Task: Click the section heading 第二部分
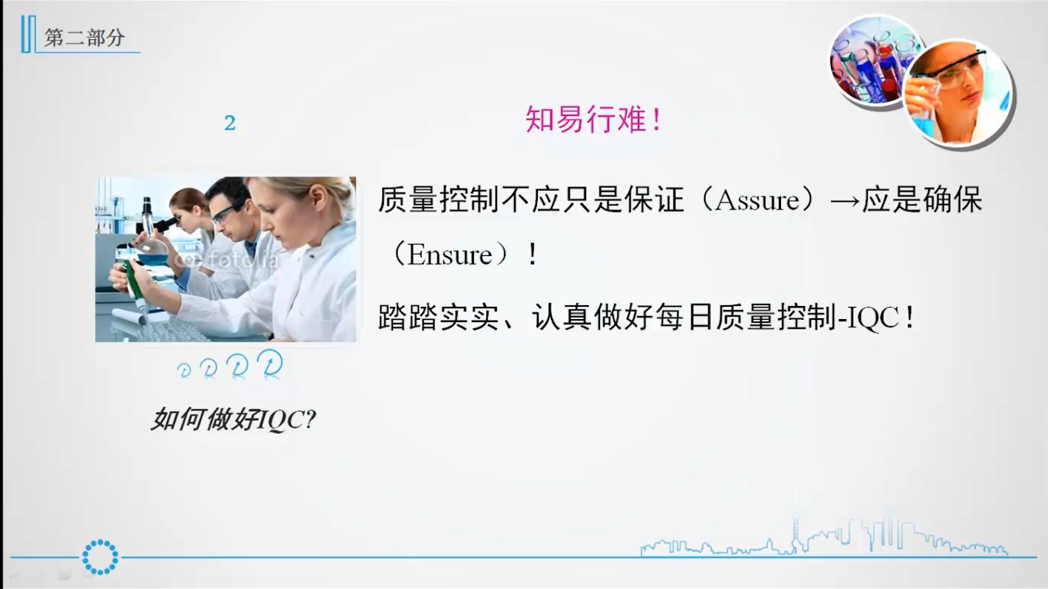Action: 84,38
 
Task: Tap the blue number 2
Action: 229,123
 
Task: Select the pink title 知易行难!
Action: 593,120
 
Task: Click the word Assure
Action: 757,200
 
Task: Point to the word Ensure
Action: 450,255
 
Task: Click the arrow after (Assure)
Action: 845,201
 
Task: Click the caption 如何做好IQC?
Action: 234,420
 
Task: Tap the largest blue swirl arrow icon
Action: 270,363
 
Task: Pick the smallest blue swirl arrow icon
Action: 184,370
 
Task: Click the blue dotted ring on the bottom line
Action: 101,558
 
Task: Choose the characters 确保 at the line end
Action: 951,200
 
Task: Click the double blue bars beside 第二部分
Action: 28,35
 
